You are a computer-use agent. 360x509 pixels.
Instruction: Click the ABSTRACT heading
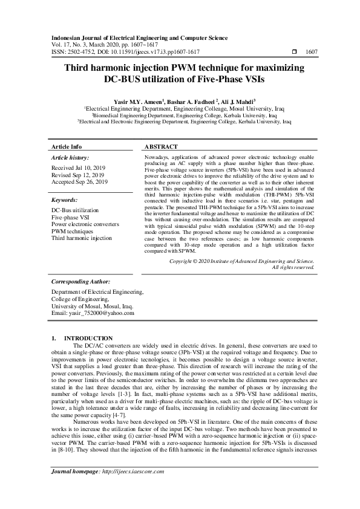[161, 147]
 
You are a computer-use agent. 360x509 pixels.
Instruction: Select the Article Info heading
[67, 147]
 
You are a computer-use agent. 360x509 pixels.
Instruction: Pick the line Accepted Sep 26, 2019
[80, 181]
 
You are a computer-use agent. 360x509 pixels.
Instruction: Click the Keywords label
[65, 199]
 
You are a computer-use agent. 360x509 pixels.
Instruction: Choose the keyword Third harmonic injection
[82, 238]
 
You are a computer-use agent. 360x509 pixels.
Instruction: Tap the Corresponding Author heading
[80, 282]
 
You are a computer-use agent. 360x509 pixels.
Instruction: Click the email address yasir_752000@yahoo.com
[93, 313]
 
